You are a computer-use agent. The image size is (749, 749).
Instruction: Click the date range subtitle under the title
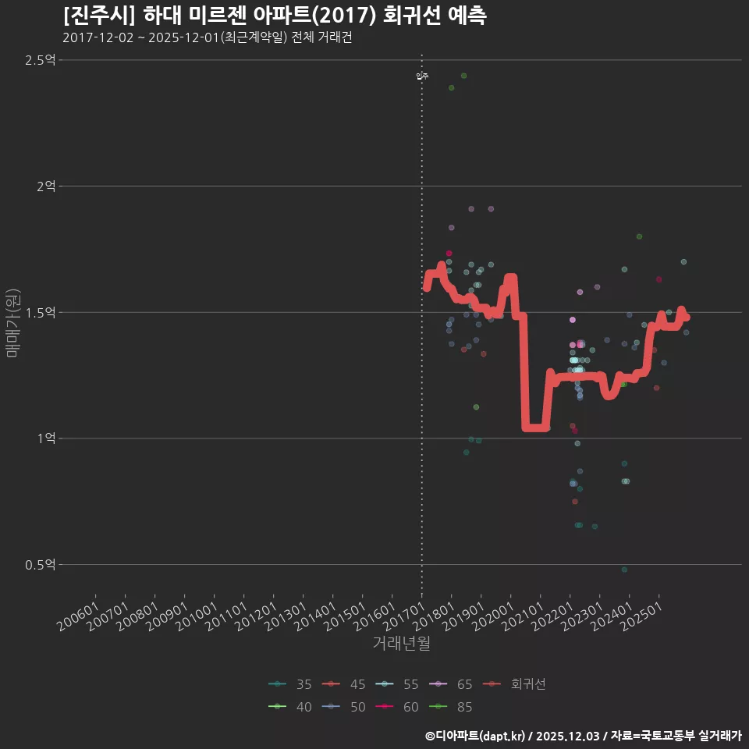pos(207,37)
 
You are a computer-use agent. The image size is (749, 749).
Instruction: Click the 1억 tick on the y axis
pos(45,438)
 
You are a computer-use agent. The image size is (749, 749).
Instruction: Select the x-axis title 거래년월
pos(401,644)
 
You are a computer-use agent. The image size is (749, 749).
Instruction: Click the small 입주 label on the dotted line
pos(422,76)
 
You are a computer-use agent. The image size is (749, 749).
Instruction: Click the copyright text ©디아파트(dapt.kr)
pos(477,736)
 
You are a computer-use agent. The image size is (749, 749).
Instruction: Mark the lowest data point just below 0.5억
pos(624,570)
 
